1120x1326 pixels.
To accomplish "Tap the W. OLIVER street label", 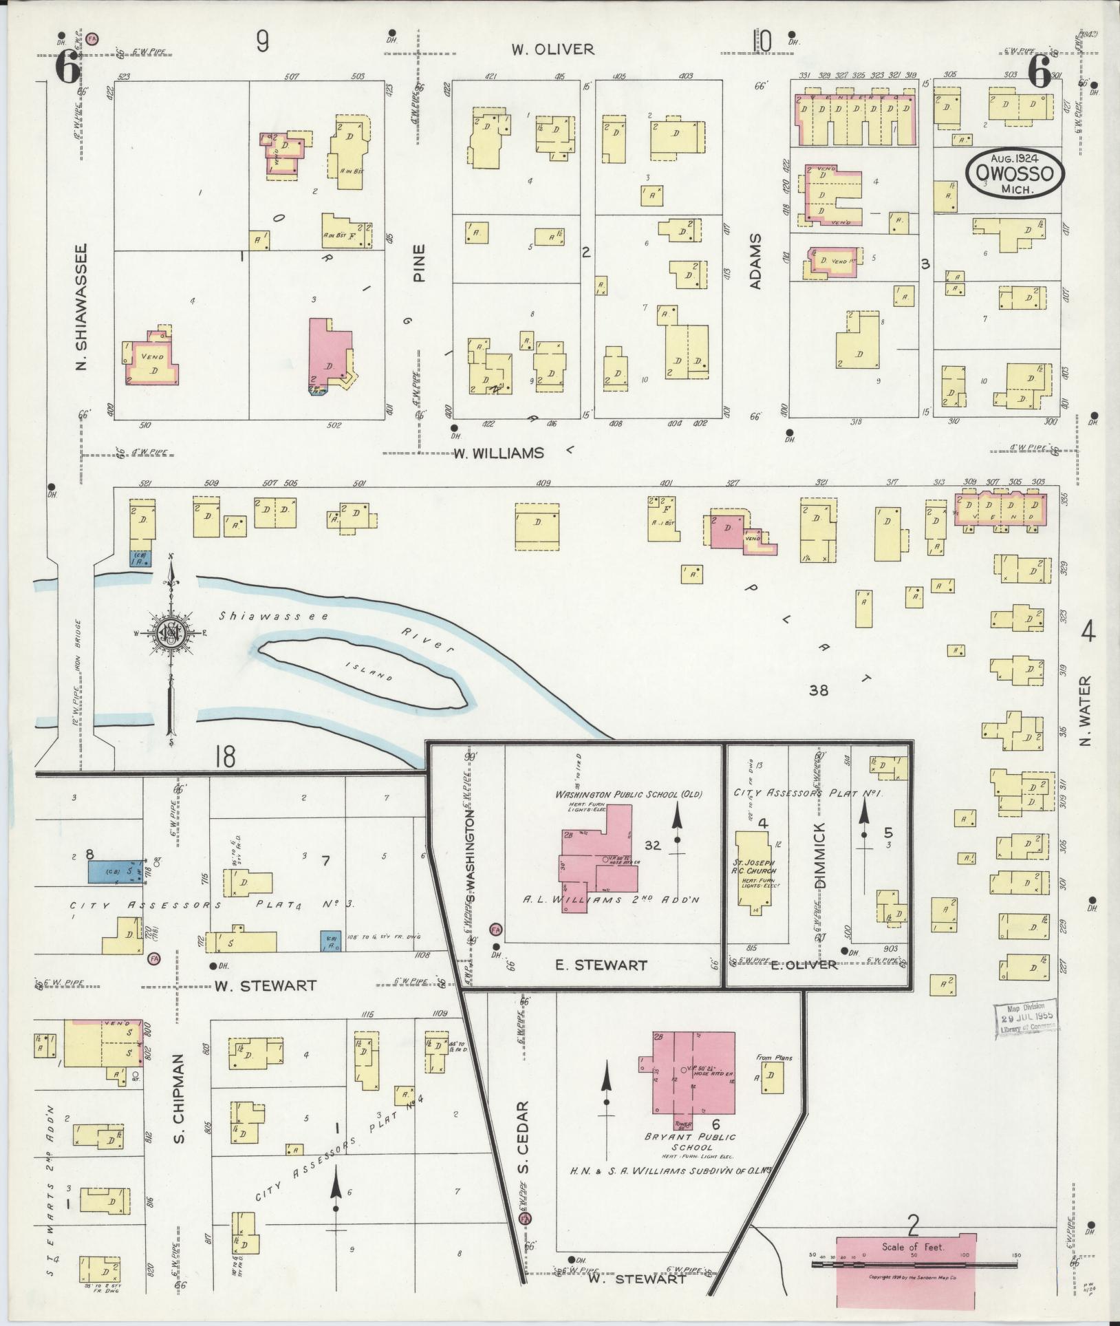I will click(x=552, y=50).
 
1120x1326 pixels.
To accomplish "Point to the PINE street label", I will click(x=420, y=263).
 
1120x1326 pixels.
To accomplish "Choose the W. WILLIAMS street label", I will click(x=498, y=453).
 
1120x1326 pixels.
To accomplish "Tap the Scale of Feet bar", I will click(x=914, y=1264).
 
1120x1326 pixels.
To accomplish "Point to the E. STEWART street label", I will click(x=601, y=965).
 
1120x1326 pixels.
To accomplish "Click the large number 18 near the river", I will click(x=224, y=756).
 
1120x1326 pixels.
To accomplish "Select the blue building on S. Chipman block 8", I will click(x=114, y=872).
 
